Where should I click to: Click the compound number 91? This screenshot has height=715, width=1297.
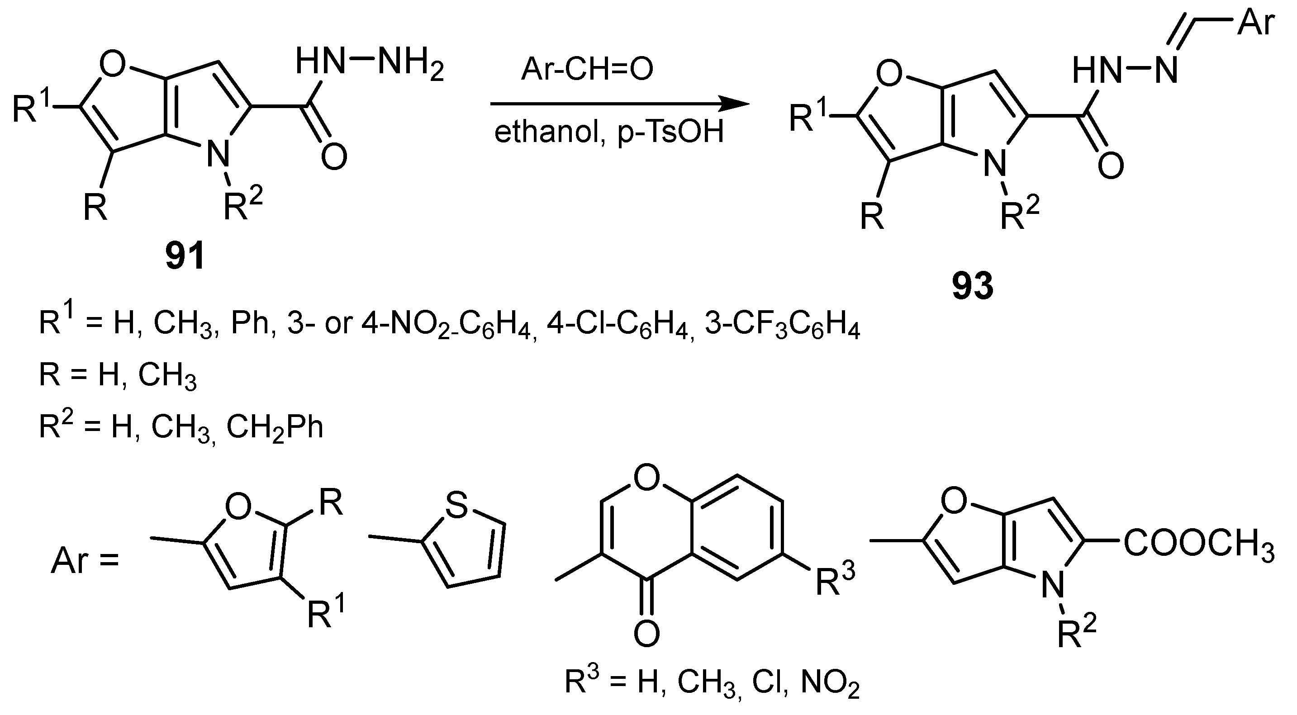[185, 256]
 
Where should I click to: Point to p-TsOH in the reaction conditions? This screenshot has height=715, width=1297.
[670, 133]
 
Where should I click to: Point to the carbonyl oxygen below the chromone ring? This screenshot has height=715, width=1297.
[646, 634]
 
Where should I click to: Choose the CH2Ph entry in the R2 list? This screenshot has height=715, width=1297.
[275, 428]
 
